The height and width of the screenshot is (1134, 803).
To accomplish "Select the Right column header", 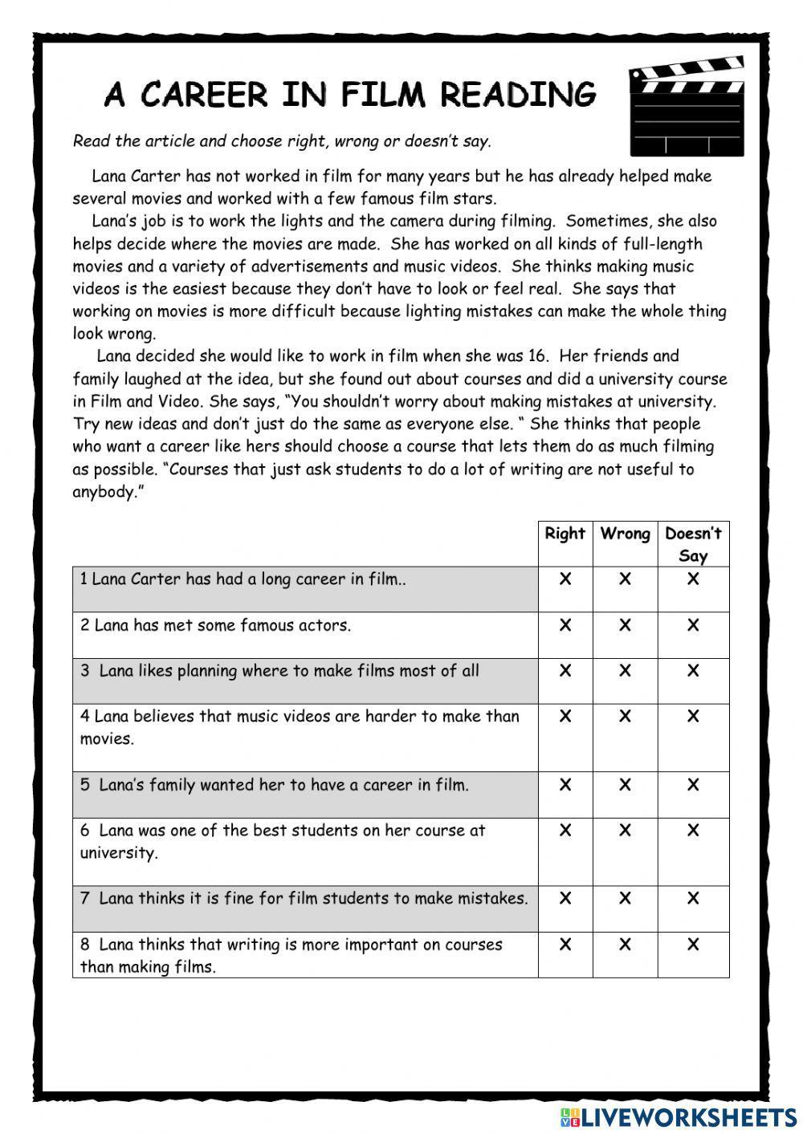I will point(565,534).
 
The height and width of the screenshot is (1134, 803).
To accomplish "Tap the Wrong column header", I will point(625,534).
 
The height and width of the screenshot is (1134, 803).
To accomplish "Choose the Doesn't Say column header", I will point(693,544).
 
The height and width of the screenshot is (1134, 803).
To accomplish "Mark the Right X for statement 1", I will point(565,579).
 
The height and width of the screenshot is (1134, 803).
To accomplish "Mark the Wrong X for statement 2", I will point(625,624).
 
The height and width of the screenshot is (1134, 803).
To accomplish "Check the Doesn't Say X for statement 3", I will point(693,670).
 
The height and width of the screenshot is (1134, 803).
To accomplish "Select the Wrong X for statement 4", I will point(625,716).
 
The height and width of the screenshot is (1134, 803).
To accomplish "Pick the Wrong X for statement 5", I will point(625,785).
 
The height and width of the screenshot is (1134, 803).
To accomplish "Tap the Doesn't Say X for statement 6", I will point(693,831).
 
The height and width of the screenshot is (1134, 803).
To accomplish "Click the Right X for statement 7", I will point(565,899).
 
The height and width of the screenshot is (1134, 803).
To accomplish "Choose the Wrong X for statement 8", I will point(625,945).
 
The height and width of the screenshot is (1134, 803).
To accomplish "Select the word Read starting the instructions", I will point(91,141).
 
